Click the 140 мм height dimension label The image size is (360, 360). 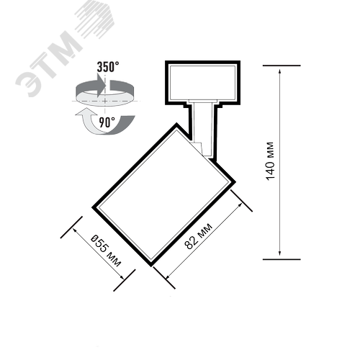[270, 161]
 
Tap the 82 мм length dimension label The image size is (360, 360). [198, 236]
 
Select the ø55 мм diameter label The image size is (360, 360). [106, 251]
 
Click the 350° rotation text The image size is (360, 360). [108, 67]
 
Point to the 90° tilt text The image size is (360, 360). [107, 122]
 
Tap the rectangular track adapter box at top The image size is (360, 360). [202, 83]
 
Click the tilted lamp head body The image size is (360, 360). [164, 195]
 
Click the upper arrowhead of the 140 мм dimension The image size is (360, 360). [279, 71]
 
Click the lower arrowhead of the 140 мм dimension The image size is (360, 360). [279, 253]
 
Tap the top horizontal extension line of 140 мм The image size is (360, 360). [282, 66]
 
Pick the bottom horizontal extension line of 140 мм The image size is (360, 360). [282, 259]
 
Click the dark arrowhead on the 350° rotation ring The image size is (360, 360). [102, 85]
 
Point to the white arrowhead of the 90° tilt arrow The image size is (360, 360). [84, 112]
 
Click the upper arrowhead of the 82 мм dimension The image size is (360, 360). [240, 206]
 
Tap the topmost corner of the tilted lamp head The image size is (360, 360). [176, 123]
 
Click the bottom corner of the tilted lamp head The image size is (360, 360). [151, 266]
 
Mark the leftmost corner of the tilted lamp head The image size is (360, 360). [92, 207]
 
